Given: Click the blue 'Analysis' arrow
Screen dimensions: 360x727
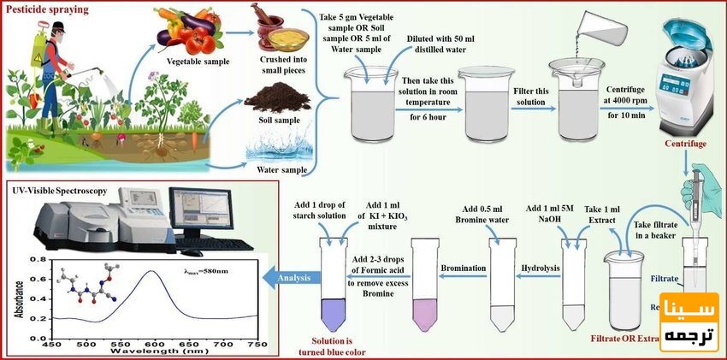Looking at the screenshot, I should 287,276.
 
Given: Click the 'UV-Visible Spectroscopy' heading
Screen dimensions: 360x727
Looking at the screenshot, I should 59,190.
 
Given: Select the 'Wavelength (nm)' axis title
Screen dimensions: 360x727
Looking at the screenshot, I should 151,351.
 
